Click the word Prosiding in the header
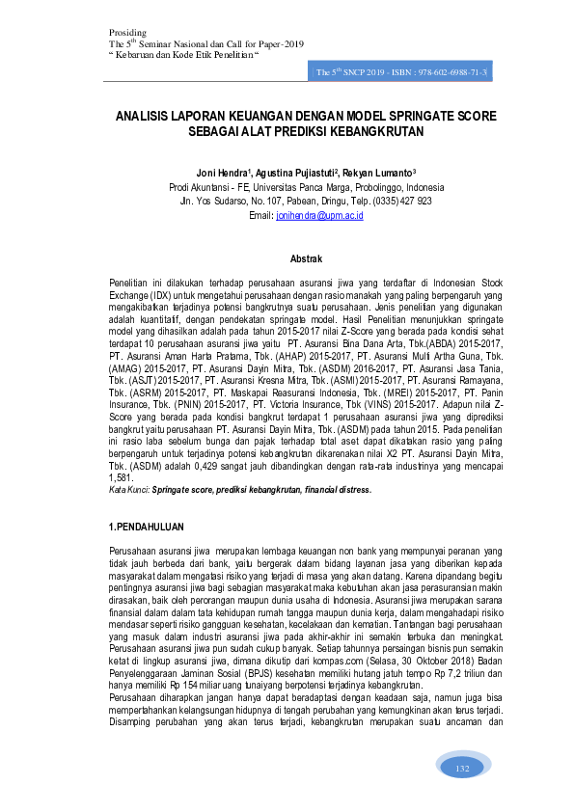(x=126, y=34)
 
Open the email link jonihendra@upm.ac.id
(x=318, y=216)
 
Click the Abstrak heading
(x=306, y=259)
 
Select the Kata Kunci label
(x=128, y=490)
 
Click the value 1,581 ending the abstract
(x=120, y=477)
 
